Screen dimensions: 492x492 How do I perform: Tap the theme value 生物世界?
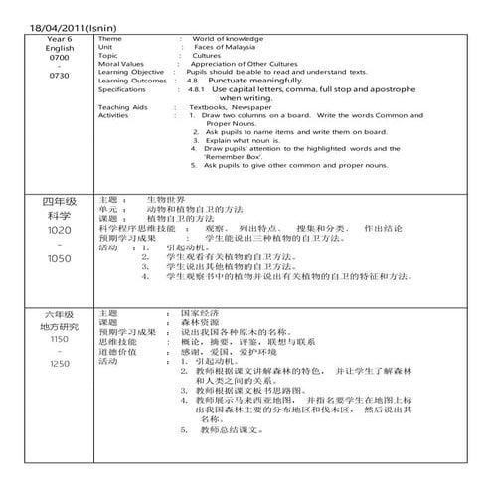(x=166, y=200)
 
